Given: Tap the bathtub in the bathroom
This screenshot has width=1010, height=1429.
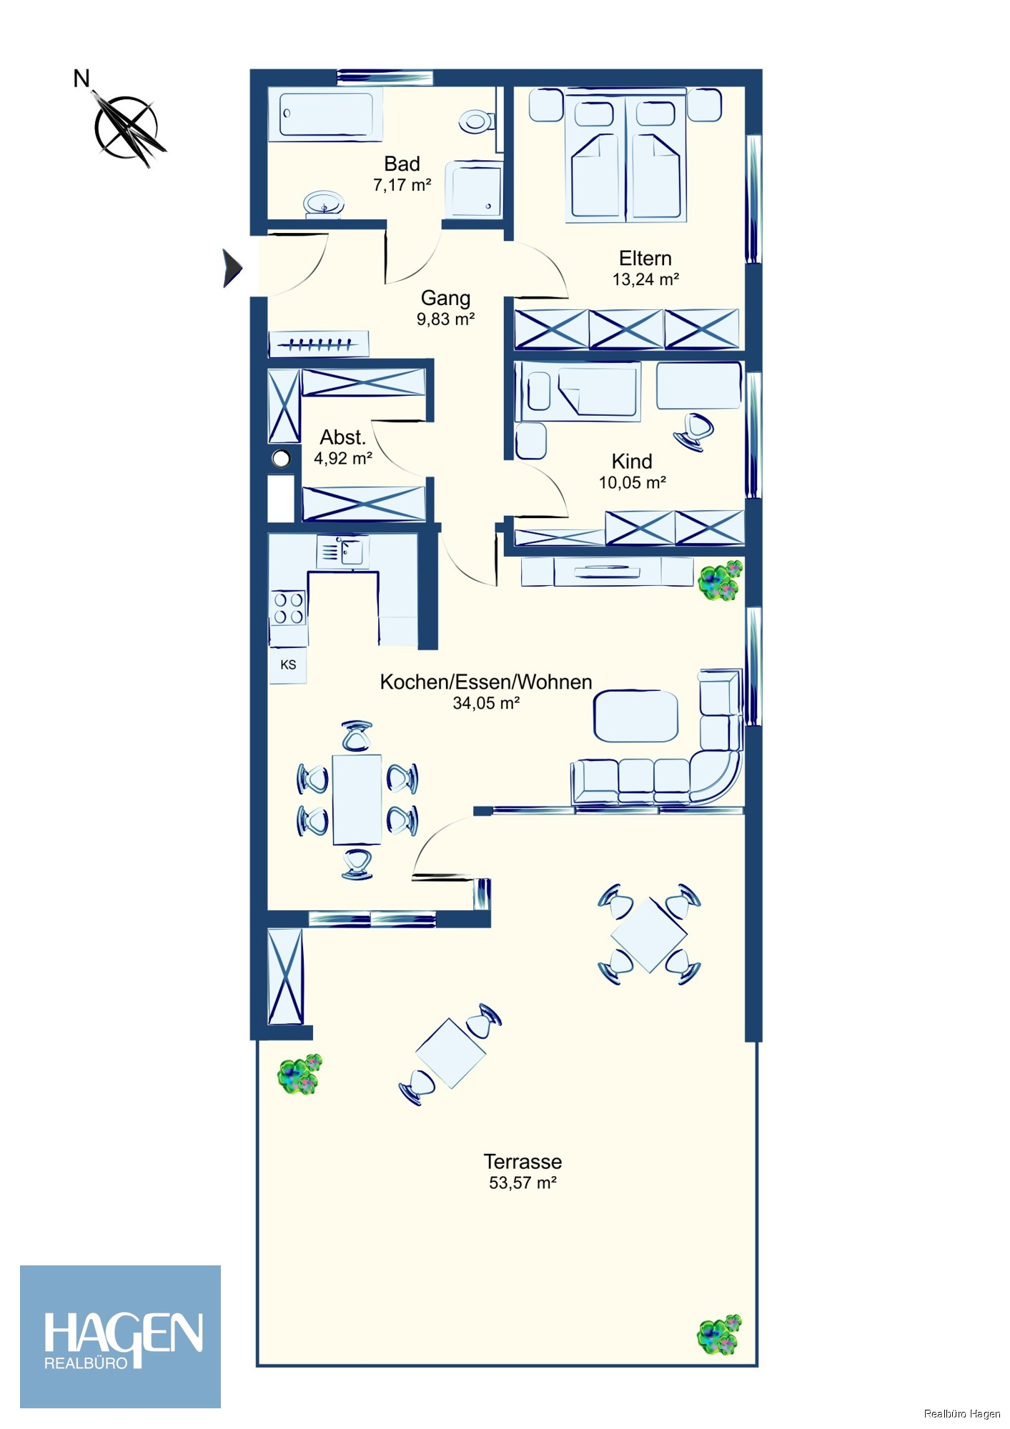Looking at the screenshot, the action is click(x=326, y=114).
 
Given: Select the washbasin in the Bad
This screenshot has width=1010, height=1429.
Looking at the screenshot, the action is click(x=324, y=203).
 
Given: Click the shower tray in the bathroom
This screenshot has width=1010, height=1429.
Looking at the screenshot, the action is click(x=473, y=189).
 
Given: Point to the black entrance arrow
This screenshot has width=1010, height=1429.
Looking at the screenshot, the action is click(x=232, y=269).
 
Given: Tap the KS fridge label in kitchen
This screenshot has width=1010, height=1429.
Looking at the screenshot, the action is click(x=288, y=665).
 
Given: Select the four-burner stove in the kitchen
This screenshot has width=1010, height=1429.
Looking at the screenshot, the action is click(x=289, y=608).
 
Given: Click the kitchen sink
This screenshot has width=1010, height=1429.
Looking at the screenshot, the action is click(x=343, y=552).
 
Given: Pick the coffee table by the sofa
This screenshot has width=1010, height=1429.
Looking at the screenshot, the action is click(x=635, y=716).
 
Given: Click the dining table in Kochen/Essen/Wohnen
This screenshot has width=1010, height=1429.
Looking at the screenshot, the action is click(x=357, y=800).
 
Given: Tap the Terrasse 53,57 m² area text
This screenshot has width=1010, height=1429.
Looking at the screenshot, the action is click(x=523, y=1172).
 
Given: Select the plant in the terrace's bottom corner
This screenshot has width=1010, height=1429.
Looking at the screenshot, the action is click(x=719, y=1334).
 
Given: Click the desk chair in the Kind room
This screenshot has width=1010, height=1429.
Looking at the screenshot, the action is click(x=693, y=431).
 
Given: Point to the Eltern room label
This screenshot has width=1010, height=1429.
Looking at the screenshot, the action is click(x=645, y=258).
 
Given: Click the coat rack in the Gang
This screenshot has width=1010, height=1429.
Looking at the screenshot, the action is click(x=319, y=344).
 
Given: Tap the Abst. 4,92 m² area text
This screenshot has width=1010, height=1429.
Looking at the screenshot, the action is click(x=343, y=447).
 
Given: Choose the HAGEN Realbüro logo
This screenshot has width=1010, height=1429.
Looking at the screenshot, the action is click(x=120, y=1337).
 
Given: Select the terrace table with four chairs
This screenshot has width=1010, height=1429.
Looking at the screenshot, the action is click(x=649, y=935).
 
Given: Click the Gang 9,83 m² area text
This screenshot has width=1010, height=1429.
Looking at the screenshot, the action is click(x=446, y=308).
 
